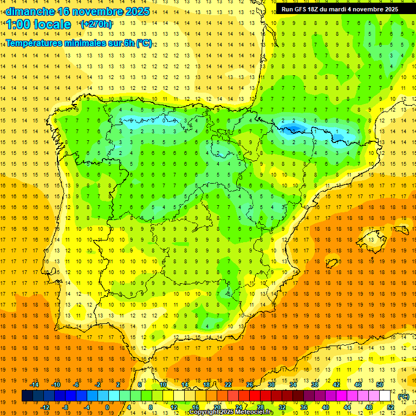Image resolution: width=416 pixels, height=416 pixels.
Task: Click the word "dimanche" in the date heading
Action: tap(30, 11)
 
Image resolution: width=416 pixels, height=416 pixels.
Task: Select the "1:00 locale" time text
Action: tap(38, 24)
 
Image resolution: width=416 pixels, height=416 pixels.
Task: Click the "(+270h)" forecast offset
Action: tap(96, 24)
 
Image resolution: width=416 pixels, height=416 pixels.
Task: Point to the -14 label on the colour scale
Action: tap(35, 385)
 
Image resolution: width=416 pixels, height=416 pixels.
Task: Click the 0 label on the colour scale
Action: tap(107, 407)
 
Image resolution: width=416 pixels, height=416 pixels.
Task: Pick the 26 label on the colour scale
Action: tap(250, 385)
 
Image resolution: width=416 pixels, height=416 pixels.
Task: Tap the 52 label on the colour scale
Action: tap(390, 407)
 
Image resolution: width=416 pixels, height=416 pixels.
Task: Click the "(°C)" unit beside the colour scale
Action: tap(404, 396)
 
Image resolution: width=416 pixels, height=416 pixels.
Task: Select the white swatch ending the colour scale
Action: tap(385, 396)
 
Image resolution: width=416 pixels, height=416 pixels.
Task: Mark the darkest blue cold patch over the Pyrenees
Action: tap(292, 128)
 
